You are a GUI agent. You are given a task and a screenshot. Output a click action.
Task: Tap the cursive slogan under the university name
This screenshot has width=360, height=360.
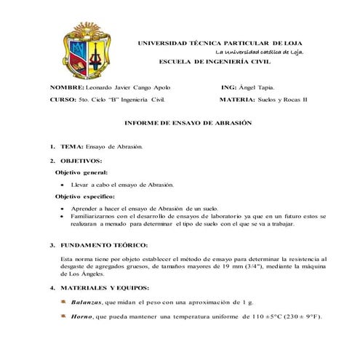pos(260,52)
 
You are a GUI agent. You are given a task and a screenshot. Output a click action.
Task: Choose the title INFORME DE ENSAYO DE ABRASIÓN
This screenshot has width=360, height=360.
pos(188,123)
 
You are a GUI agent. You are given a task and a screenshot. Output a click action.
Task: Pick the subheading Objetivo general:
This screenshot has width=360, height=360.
pos(82,172)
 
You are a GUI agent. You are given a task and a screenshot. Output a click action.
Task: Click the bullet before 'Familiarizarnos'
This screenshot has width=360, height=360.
pos(63,217)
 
